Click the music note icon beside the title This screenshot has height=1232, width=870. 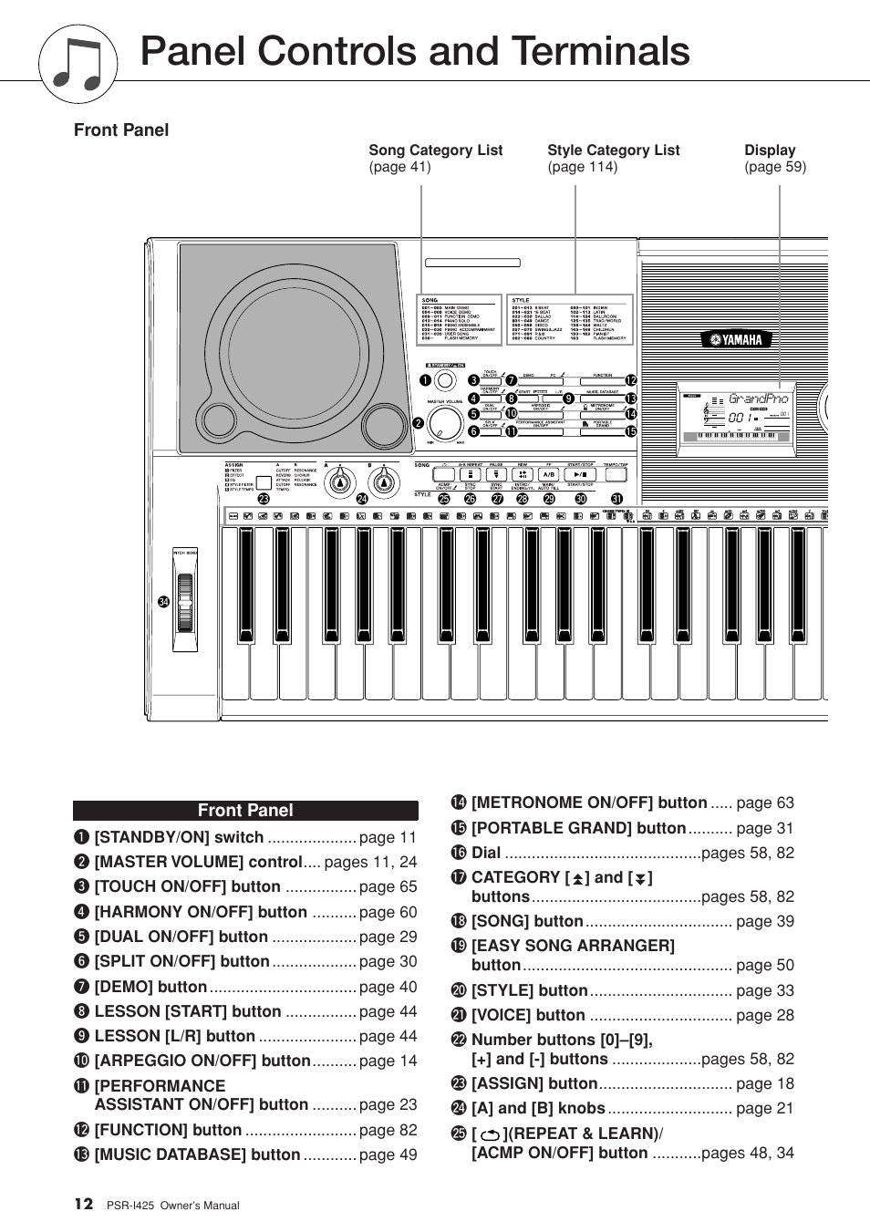coord(78,64)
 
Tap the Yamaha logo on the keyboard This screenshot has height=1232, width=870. coord(737,340)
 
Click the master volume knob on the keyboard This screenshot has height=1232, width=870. coord(445,422)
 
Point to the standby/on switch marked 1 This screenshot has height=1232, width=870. coord(444,381)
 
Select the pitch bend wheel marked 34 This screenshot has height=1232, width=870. coord(185,603)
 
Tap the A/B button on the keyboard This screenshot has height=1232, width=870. coord(548,475)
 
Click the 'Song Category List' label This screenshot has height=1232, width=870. coord(435,150)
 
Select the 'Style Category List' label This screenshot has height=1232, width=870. coord(613,150)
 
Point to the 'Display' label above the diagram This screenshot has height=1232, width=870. coord(770,150)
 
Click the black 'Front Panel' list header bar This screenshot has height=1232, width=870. coord(245,811)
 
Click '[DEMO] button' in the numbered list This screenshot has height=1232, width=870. coord(150,987)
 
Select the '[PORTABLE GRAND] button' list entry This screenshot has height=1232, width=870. coord(578,828)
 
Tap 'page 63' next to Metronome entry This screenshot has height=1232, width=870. coord(764,803)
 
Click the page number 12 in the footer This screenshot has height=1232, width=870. coord(83,1204)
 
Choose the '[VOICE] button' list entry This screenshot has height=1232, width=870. coord(528,1015)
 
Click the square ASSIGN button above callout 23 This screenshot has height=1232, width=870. coord(264,483)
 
